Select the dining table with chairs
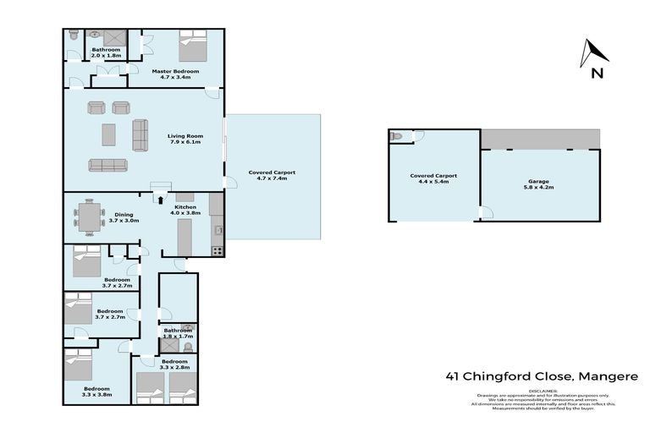pos(88,216)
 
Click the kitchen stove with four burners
pos(217,250)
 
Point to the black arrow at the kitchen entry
pos(158,200)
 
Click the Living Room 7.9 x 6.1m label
pos(185,138)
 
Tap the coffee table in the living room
pos(108,134)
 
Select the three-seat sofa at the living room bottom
pos(107,165)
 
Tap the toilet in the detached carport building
pos(396,136)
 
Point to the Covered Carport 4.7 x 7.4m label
pos(273,176)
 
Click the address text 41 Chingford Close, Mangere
pos(542,376)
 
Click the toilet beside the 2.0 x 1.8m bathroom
pos(74,36)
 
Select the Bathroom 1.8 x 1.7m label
pos(178,333)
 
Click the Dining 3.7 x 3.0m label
pos(124,217)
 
